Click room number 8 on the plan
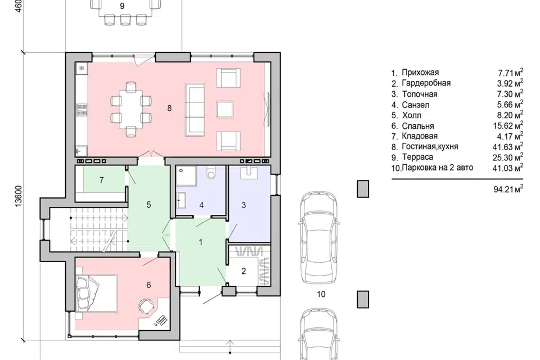pos(169,108)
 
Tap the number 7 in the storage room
pos(101,180)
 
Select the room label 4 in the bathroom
pos(201,205)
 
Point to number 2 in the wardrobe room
pos(244,271)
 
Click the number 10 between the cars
pos(321,294)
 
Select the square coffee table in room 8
pos(225,109)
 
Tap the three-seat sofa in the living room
pos(194,109)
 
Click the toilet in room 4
pos(211,172)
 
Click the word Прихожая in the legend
pos(420,73)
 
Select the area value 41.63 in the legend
pos(503,147)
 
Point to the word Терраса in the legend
pos(417,157)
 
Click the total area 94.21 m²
pos(508,189)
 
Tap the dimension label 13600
pos(19,196)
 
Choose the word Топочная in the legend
pos(420,94)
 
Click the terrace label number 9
pos(122,6)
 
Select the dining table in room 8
pos(130,109)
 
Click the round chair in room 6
pos(146,306)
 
